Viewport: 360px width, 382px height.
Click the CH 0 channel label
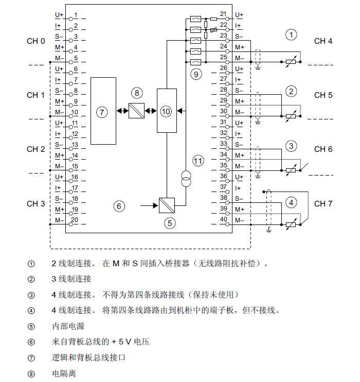[36, 41]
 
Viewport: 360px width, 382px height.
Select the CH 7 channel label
[323, 203]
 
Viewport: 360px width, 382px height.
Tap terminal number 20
[75, 220]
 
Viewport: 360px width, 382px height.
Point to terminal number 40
[223, 220]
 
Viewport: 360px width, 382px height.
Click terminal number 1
[76, 15]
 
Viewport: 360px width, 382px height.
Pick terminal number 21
[223, 14]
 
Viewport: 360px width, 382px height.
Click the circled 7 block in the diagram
[103, 112]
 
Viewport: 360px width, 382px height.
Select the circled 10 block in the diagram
[166, 111]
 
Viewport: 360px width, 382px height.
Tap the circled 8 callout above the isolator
[136, 93]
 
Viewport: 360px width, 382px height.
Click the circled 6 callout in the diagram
[119, 206]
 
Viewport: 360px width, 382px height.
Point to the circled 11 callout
[198, 161]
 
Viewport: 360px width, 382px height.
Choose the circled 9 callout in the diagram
[195, 74]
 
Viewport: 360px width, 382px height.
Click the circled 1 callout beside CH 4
[292, 35]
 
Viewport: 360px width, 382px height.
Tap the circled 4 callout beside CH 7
[292, 202]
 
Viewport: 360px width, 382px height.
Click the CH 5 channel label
[323, 95]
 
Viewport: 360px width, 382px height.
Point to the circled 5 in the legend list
[31, 326]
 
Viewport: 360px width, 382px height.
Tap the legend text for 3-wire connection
[71, 279]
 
